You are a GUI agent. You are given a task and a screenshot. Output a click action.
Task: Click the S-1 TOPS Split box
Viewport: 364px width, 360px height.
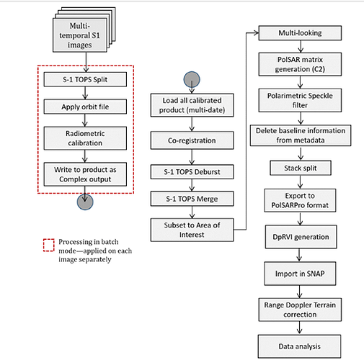[x=85, y=79]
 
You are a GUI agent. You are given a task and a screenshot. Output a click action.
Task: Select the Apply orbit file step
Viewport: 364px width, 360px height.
[x=85, y=107]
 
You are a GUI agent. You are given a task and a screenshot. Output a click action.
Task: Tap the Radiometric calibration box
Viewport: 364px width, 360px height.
[x=85, y=138]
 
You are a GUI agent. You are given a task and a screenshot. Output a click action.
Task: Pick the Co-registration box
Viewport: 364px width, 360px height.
[x=192, y=140]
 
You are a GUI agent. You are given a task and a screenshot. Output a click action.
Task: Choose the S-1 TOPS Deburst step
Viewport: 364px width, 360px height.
[x=192, y=172]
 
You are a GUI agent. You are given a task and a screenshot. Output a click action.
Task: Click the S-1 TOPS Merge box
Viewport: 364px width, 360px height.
[x=192, y=199]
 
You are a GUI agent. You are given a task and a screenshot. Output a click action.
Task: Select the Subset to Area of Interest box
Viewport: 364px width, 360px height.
[x=192, y=230]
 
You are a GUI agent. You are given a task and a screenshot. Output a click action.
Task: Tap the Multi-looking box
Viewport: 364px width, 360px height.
[x=300, y=33]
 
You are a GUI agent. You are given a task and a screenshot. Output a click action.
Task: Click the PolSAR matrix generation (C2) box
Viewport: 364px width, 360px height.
[x=300, y=64]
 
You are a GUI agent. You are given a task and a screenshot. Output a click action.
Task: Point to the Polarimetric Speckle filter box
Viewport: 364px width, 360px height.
[x=300, y=100]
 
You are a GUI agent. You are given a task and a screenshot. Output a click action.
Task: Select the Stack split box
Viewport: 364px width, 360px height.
[x=301, y=168]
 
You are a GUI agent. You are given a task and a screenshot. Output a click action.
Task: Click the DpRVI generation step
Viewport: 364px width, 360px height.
[x=301, y=237]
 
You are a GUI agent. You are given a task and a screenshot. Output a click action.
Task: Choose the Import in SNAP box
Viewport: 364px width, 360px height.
[x=300, y=274]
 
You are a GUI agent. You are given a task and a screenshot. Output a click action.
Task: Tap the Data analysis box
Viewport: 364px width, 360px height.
[x=299, y=346]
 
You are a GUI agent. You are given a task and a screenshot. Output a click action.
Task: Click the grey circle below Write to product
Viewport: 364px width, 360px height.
[x=85, y=202]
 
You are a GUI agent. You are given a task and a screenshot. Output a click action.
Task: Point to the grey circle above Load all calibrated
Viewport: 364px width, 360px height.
[x=192, y=79]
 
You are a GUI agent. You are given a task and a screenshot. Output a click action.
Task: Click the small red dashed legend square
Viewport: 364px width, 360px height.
[x=49, y=245]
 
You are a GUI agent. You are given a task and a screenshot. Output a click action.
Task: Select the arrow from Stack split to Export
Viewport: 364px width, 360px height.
[x=301, y=182]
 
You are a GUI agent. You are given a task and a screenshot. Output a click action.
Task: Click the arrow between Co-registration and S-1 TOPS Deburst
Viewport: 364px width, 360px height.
[x=192, y=157]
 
